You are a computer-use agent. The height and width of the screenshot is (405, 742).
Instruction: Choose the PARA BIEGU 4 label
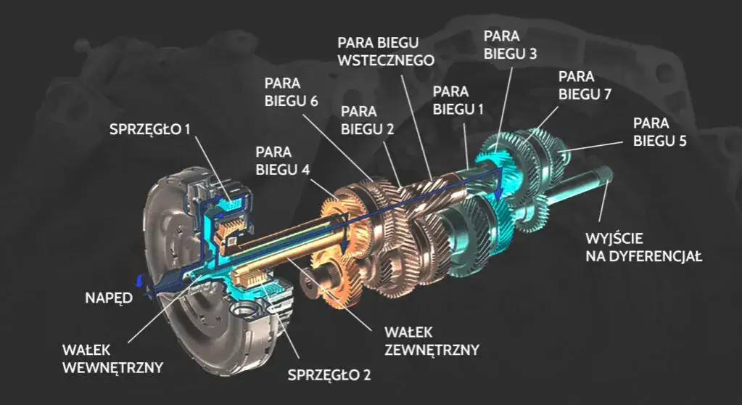click(x=284, y=161)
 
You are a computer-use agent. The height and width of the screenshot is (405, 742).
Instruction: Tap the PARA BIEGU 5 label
click(x=659, y=131)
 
